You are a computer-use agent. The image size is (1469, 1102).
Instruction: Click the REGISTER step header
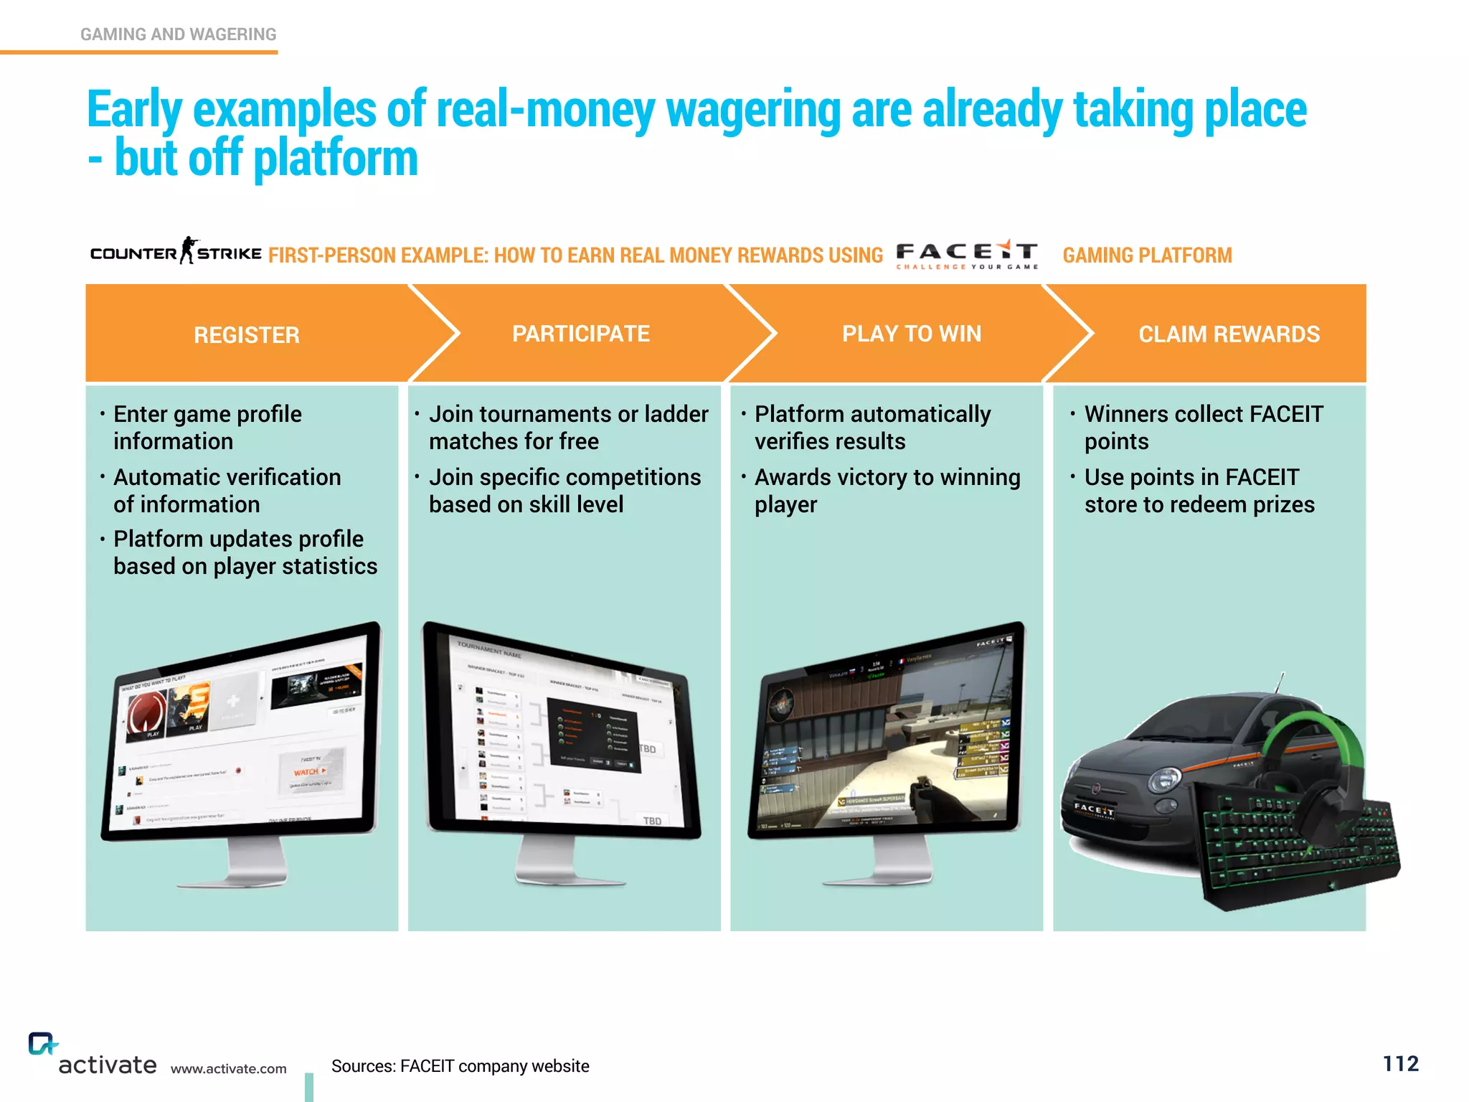246,334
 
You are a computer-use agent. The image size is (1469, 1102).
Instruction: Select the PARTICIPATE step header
580,334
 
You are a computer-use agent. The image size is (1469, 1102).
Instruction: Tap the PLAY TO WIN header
911,334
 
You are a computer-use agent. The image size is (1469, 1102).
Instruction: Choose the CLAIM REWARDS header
1228,334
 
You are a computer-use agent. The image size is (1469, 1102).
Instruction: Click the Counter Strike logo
176,252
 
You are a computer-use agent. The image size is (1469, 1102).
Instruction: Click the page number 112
1400,1063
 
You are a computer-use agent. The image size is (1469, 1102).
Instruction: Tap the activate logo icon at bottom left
42,1043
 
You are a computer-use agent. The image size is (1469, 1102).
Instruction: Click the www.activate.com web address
228,1068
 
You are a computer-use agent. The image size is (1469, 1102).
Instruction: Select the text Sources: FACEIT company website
460,1066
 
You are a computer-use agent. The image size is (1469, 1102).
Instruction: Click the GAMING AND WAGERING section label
178,34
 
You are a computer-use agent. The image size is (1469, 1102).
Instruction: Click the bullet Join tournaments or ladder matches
568,428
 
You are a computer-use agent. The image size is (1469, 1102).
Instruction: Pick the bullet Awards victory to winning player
887,491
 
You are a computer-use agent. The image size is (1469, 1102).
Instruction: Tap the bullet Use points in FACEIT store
1199,491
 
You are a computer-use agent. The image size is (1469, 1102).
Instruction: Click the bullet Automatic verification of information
227,491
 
